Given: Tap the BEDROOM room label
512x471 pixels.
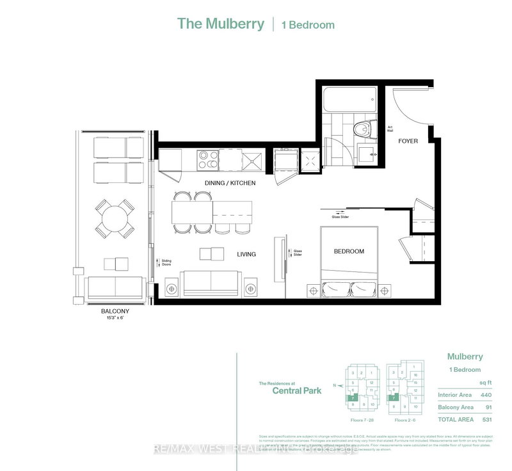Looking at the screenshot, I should point(349,251).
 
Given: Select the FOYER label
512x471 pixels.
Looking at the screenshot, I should point(408,141).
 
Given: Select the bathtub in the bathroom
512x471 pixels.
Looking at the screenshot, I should point(346,99).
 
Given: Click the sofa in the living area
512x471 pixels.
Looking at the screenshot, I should point(211,282).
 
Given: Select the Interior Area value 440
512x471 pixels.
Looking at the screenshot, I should point(486,394).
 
